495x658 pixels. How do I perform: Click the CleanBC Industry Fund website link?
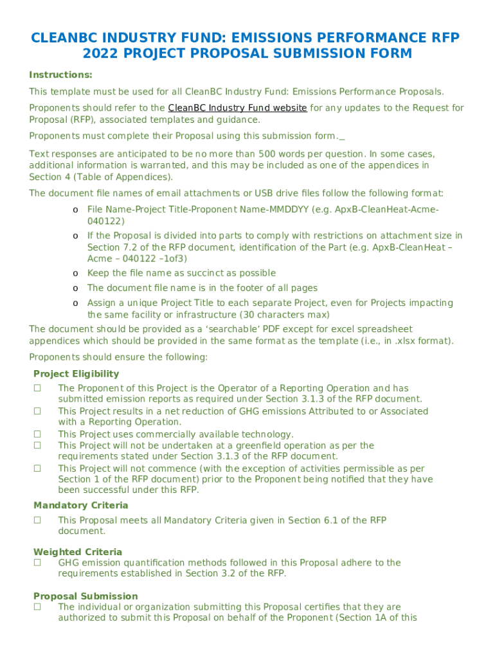click(237, 108)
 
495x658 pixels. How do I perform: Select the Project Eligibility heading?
click(76, 374)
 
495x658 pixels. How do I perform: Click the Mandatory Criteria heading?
click(80, 506)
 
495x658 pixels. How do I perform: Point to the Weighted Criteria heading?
click(78, 552)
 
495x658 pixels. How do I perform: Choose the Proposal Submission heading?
click(85, 596)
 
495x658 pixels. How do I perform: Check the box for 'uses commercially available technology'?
click(38, 434)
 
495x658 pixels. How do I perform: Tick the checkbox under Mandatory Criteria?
click(38, 520)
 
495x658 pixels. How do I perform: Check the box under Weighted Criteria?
click(38, 563)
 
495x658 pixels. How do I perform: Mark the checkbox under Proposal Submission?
click(38, 607)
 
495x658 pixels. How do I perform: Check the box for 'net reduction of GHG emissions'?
click(38, 411)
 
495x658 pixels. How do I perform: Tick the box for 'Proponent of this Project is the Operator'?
click(38, 389)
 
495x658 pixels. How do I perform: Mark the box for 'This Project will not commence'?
click(38, 469)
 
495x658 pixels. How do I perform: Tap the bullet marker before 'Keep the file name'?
click(75, 273)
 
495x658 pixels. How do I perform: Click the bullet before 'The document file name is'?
click(75, 288)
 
